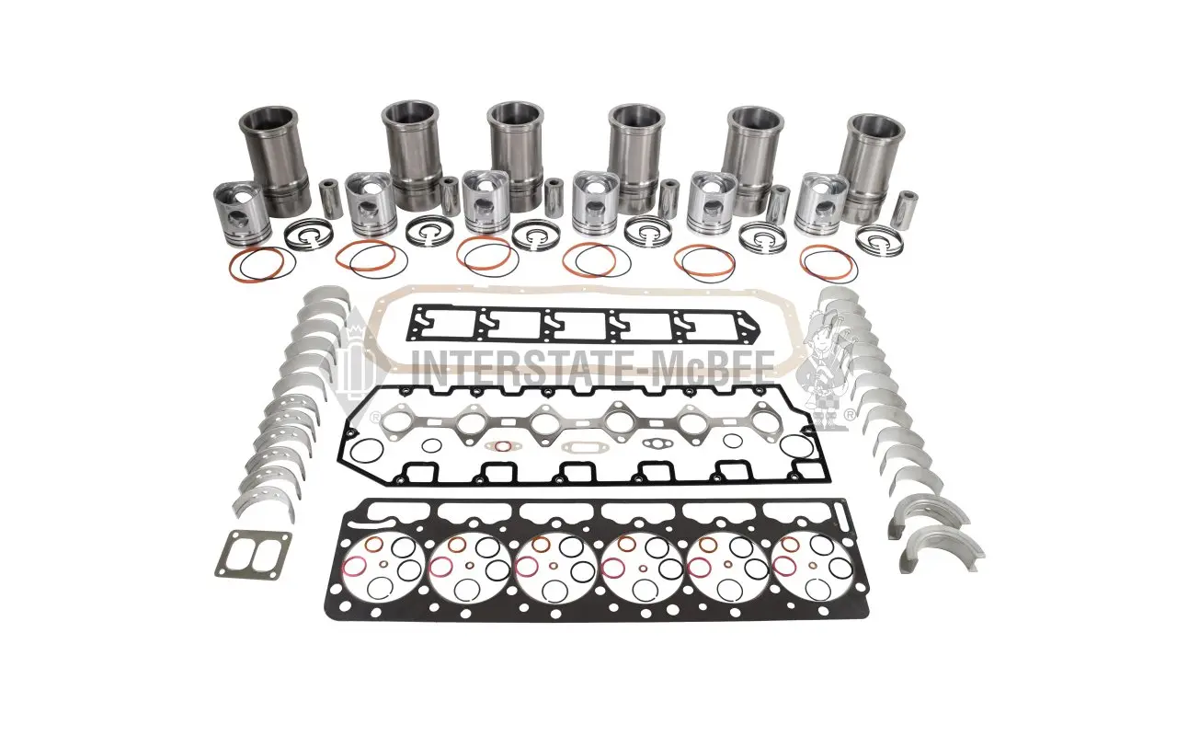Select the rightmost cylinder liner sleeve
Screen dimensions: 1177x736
[873, 167]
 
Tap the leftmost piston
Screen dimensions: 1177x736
[242, 213]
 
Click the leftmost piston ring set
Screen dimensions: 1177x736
[306, 235]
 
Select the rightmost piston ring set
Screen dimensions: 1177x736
[878, 242]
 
